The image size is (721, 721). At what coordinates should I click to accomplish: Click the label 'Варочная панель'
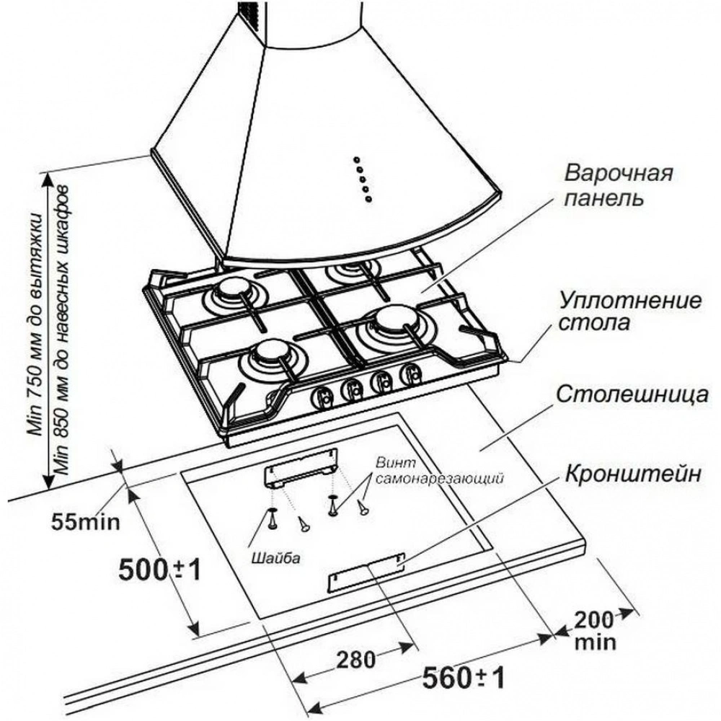pyautogui.click(x=619, y=185)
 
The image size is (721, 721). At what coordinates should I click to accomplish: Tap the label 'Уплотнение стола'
pyautogui.click(x=619, y=310)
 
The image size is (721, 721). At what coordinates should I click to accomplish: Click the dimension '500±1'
pyautogui.click(x=157, y=570)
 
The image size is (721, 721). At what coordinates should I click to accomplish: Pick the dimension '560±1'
pyautogui.click(x=462, y=678)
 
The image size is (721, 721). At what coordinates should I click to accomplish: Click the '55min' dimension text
pyautogui.click(x=86, y=520)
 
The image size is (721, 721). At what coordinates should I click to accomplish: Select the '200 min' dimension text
pyautogui.click(x=595, y=629)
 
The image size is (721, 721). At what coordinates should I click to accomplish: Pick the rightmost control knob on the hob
pyautogui.click(x=412, y=373)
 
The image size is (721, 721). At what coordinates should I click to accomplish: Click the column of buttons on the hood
pyautogui.click(x=360, y=177)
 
